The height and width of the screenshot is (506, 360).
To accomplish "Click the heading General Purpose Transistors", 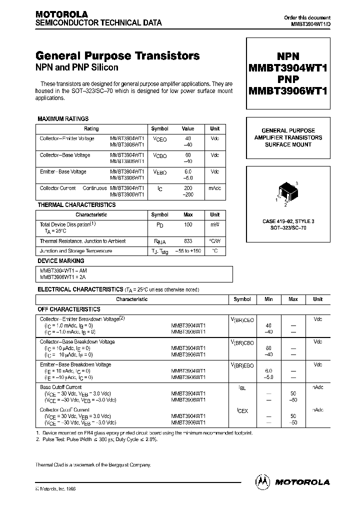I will coord(117,56).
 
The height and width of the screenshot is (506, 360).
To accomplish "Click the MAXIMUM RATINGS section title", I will coord(63,119).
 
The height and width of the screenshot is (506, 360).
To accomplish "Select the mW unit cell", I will coord(214,225).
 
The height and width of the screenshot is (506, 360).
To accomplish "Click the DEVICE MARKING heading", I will coord(61,261).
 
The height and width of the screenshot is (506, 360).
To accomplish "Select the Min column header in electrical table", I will coord(268,299).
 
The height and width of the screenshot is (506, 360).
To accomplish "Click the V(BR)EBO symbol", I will coord(242,365).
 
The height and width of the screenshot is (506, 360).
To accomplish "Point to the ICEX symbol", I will coord(242,410).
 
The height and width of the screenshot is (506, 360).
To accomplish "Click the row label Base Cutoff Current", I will coord(60,387).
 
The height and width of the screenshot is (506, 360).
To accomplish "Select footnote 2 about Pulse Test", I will coord(96,439).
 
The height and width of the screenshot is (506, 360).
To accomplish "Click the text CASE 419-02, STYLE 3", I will coord(288,220).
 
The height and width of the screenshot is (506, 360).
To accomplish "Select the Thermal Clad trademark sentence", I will coord(92,464).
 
